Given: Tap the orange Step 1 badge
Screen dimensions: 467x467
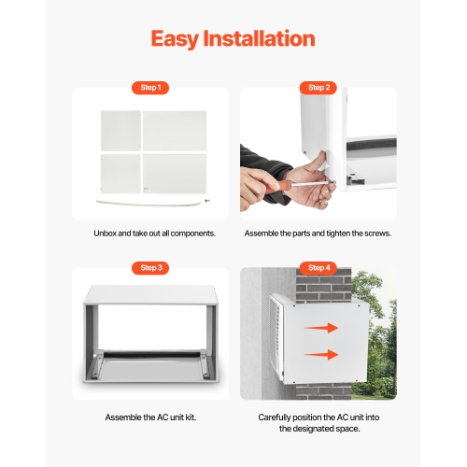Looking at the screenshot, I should pyautogui.click(x=149, y=88).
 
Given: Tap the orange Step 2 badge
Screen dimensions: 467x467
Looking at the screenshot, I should pyautogui.click(x=318, y=88).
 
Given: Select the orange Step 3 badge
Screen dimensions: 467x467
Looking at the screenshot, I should pyautogui.click(x=149, y=268).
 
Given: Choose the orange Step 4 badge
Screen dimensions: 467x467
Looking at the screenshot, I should pyautogui.click(x=318, y=268).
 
